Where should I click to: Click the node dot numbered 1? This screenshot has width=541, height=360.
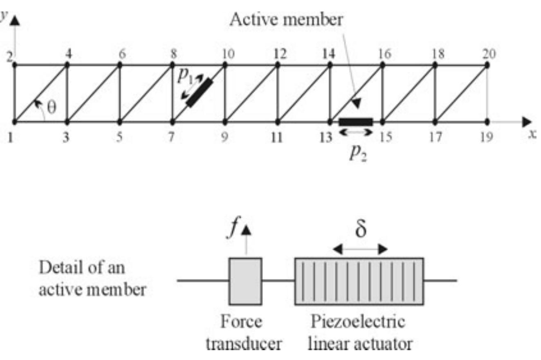[14, 122]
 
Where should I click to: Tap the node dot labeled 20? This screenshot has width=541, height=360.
[487, 65]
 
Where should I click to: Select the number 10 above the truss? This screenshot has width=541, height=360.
[228, 54]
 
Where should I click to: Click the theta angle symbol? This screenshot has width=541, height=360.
[52, 108]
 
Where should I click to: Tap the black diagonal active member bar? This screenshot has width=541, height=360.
[200, 93]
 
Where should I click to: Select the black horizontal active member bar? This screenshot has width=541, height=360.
[356, 122]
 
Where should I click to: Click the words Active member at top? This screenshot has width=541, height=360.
[286, 19]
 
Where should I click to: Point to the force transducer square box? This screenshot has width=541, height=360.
[245, 281]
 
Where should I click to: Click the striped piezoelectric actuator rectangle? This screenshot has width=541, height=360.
[359, 281]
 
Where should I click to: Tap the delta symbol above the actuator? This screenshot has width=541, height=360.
[361, 229]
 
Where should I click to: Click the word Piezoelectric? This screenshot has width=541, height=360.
[358, 322]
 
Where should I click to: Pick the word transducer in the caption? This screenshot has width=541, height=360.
[244, 344]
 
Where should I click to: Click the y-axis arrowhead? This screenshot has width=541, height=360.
[15, 20]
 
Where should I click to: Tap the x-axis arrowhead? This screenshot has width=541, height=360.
[527, 122]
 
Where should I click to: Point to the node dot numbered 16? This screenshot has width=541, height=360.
[382, 65]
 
